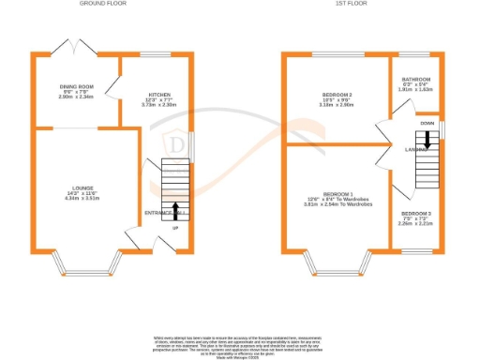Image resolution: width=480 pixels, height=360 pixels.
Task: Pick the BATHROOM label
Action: [x=415, y=80]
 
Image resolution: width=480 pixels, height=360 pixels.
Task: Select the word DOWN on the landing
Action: [x=427, y=123]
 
